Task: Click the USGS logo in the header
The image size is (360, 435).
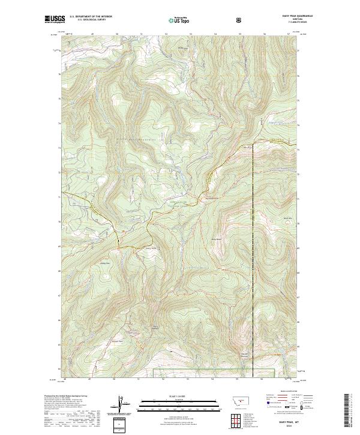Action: [x=55, y=20]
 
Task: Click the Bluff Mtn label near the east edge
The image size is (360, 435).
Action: [x=287, y=218]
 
